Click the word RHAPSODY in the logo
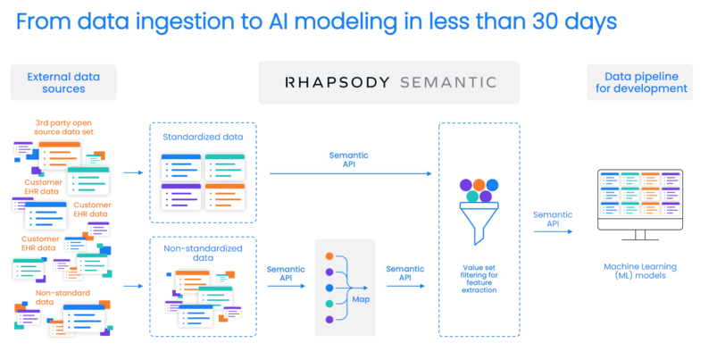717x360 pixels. (337, 82)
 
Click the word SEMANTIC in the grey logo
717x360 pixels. (448, 82)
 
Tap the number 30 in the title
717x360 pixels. (546, 21)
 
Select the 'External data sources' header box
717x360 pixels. (63, 82)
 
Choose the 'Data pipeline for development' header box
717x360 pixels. (640, 82)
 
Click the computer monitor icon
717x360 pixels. (640, 205)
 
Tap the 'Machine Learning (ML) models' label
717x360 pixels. (640, 271)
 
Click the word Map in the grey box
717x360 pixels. (361, 299)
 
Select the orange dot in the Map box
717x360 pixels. (329, 256)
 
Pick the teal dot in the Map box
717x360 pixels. (329, 304)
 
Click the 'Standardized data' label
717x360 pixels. (203, 137)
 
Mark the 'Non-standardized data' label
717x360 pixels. (203, 253)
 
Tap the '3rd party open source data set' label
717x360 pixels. (63, 127)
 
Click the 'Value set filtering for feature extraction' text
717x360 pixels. (479, 279)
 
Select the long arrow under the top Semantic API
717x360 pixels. (351, 174)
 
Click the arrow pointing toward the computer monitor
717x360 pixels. (553, 231)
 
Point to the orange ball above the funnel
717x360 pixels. (479, 185)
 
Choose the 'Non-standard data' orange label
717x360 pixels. (63, 297)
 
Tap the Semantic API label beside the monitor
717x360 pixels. (553, 219)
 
